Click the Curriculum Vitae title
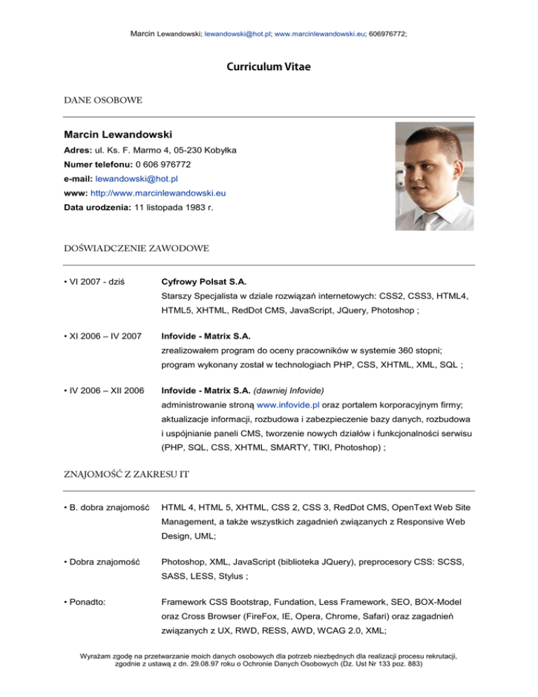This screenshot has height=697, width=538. pyautogui.click(x=268, y=67)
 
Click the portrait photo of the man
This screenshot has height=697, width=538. pyautogui.click(x=434, y=176)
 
